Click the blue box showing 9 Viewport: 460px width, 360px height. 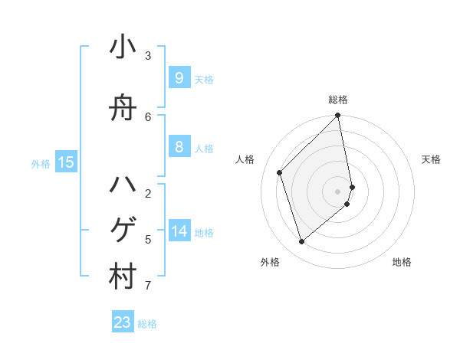pos(179,77)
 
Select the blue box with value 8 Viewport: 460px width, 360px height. pos(179,147)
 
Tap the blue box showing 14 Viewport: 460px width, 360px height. pos(179,231)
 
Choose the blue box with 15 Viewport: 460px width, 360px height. pos(66,162)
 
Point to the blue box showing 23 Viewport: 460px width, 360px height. pos(123,322)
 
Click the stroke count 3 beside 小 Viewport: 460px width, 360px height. pos(148,56)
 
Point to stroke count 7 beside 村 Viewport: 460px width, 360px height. pos(148,286)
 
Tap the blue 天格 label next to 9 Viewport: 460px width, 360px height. pos(204,79)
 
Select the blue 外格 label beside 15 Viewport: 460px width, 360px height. pos(41,163)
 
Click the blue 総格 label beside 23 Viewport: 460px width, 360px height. pos(147,324)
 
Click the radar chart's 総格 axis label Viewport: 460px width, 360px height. pos(338,100)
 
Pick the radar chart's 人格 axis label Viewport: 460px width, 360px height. pos(245,159)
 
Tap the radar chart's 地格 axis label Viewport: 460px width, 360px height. pos(402,263)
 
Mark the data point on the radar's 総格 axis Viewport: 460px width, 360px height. pos(338,116)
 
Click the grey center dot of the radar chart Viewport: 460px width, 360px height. pos(338,191)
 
